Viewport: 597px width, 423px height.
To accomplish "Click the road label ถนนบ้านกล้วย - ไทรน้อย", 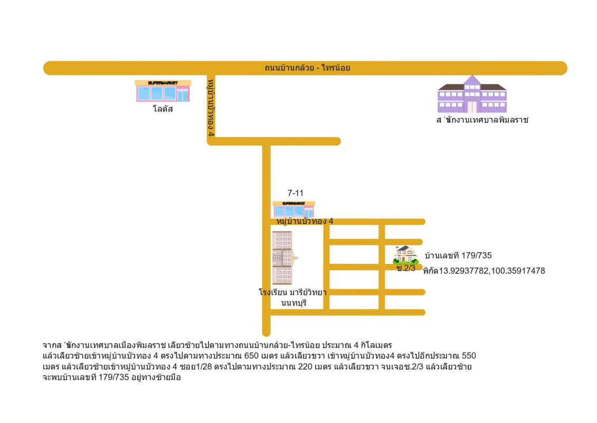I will [307, 68].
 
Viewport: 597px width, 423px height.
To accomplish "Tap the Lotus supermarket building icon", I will [163, 91].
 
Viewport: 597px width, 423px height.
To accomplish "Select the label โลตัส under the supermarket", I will [163, 109].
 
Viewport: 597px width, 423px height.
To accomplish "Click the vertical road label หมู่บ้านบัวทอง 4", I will [212, 108].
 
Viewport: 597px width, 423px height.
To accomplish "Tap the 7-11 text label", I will [295, 193].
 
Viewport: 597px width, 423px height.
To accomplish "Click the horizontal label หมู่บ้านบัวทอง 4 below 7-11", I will [305, 221].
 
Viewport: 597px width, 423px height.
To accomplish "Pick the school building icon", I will [282, 258].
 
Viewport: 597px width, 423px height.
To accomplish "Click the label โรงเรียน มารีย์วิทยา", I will [292, 292].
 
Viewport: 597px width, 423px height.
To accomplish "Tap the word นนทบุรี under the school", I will [294, 303].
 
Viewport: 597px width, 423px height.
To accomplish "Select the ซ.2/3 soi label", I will [406, 268].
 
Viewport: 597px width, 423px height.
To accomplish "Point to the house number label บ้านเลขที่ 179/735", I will [458, 255].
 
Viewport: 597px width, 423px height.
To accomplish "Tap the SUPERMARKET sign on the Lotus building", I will [163, 83].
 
